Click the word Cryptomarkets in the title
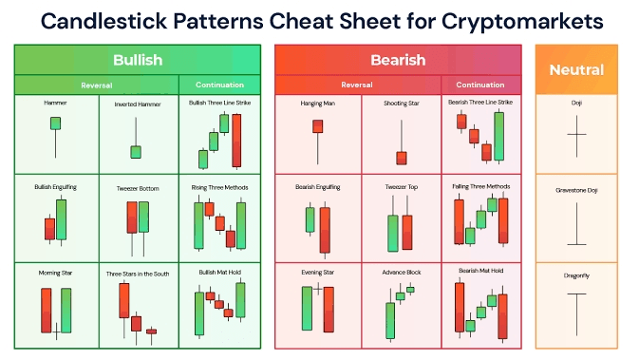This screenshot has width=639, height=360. coord(522,22)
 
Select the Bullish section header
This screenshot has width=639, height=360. coord(138,60)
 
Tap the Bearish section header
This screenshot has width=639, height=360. coord(398,60)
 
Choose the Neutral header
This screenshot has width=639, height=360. coord(576,69)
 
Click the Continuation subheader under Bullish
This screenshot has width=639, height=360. coord(219,85)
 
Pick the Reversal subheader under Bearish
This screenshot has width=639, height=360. coord(357,85)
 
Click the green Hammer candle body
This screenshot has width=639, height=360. coord(55,123)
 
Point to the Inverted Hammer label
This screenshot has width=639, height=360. coord(138,104)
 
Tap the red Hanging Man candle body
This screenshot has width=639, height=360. coord(318,126)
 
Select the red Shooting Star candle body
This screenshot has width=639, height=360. coord(402,159)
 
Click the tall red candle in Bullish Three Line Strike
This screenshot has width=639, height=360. coord(236,141)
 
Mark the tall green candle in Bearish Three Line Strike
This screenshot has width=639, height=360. coord(498,137)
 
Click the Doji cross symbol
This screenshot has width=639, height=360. coord(576,136)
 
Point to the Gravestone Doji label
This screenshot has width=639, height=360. coord(576,190)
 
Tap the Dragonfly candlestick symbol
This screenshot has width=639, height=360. coord(576,313)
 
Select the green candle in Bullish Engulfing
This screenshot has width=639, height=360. coord(61,219)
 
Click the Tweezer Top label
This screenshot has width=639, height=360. coord(402,187)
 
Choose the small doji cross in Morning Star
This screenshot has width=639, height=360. coord(56,332)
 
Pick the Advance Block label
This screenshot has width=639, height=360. coord(402,272)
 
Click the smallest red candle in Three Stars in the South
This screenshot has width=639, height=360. coord(152,332)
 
